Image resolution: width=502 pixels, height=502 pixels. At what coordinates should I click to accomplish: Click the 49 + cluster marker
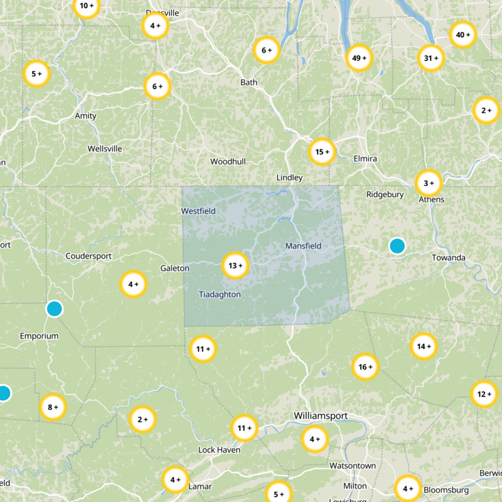tap(359, 58)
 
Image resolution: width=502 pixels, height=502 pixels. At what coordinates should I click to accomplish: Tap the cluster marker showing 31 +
tap(431, 58)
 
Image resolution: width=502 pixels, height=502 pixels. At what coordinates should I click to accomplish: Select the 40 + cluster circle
tap(463, 35)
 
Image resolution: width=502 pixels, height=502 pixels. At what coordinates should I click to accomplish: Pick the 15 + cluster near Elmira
tap(323, 152)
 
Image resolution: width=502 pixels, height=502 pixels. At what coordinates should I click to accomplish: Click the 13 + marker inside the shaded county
tap(236, 265)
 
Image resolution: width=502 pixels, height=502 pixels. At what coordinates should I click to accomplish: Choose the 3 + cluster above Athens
tap(429, 183)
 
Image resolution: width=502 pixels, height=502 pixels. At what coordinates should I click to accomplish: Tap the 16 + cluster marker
tap(365, 366)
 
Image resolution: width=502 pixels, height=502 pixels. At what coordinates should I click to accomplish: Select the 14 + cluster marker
tap(424, 346)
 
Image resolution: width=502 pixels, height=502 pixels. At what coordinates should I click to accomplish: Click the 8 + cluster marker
tap(53, 407)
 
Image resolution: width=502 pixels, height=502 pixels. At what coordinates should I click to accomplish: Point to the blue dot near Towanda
tap(397, 245)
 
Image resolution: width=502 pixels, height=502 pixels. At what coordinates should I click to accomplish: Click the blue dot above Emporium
tap(55, 309)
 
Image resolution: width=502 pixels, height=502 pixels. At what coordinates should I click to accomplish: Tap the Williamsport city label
tap(321, 416)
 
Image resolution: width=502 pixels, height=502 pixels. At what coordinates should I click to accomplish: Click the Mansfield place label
tap(303, 246)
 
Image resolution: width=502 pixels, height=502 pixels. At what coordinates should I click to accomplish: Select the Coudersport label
tap(88, 256)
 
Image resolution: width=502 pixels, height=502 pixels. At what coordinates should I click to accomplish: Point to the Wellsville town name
tap(105, 149)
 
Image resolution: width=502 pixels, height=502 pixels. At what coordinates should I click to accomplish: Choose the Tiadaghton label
tap(220, 294)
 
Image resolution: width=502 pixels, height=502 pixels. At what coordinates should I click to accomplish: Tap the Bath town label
tap(249, 82)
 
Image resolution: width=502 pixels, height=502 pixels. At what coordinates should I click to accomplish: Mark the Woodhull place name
tap(228, 161)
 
